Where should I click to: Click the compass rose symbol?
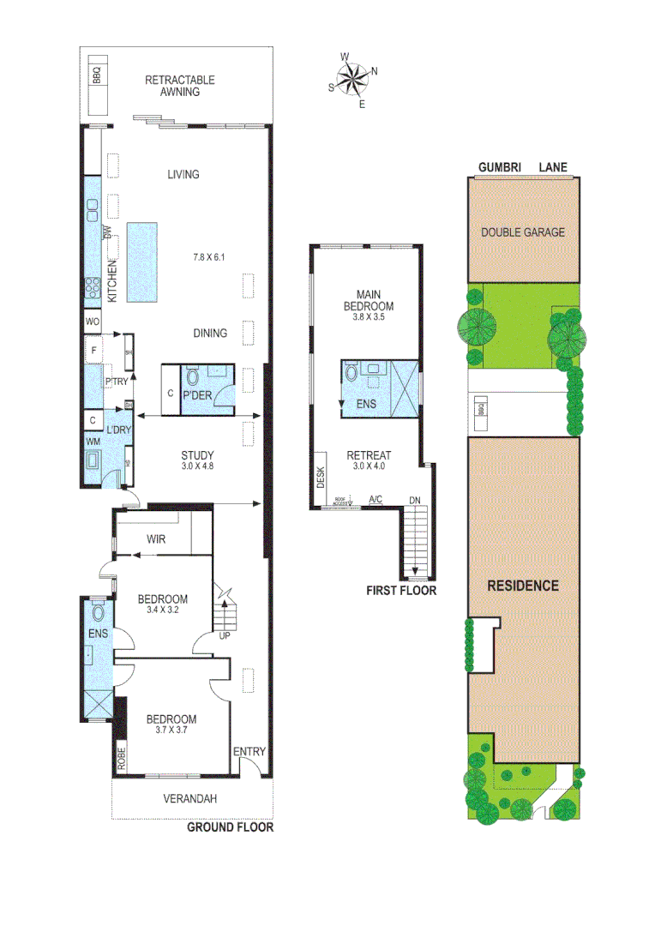[x=352, y=80]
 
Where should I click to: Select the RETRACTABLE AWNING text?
[x=179, y=86]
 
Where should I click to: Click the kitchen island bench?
[x=142, y=262]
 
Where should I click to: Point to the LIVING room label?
[x=183, y=174]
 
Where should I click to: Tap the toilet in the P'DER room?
[x=191, y=377]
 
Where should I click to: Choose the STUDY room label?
[x=197, y=454]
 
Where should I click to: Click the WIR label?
[x=156, y=539]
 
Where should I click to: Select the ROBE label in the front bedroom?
[x=122, y=761]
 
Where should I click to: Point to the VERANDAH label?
[x=190, y=798]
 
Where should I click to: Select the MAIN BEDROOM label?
[x=369, y=300]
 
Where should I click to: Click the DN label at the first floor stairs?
[x=415, y=500]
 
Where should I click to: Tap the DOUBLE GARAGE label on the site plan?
[x=523, y=231]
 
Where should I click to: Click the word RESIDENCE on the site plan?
[x=523, y=586]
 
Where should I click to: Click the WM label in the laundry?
[x=92, y=441]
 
